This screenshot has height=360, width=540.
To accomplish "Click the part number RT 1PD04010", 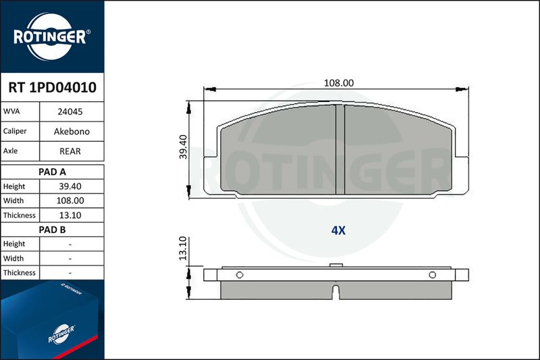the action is (x=53, y=88).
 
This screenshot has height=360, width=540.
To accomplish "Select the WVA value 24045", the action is (x=70, y=111).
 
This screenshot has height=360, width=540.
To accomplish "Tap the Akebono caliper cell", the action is (x=72, y=131).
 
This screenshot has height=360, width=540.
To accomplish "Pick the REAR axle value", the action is (x=70, y=151).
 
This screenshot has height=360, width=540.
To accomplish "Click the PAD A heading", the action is (x=53, y=172).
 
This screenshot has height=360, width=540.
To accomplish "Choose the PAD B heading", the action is (x=53, y=230).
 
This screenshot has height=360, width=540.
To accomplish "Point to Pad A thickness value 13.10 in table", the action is (x=70, y=215).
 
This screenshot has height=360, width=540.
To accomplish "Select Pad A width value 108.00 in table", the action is (x=70, y=201).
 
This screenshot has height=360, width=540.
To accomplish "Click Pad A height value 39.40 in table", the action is (x=70, y=186).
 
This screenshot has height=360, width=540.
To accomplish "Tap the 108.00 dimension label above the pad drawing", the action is (x=339, y=83).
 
